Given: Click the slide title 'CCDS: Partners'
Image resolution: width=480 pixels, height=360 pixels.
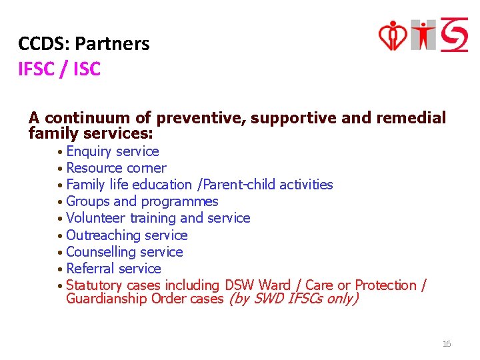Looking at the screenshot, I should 84,44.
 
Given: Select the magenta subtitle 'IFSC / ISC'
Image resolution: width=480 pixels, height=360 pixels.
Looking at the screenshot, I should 59,69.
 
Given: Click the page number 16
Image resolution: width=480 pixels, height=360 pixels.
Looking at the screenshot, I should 447,344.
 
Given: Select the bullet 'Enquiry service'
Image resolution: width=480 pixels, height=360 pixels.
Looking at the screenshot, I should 112,151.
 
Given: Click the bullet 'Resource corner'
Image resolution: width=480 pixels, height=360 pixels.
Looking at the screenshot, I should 116,168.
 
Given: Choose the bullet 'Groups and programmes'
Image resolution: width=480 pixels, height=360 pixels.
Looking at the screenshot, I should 142,201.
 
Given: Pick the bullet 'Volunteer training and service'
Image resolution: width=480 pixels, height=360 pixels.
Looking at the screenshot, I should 158,218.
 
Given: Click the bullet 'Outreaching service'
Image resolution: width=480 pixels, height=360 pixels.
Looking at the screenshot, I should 127,235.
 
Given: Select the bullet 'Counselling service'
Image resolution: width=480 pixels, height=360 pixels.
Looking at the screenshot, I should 124,252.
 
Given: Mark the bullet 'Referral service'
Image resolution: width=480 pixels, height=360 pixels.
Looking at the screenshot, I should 113,269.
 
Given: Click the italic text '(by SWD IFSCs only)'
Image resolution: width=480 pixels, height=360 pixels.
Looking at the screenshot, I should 293,299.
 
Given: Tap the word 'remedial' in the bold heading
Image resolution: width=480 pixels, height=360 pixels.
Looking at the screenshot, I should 411,118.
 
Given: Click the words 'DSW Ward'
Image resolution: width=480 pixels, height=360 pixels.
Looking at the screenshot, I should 258,285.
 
